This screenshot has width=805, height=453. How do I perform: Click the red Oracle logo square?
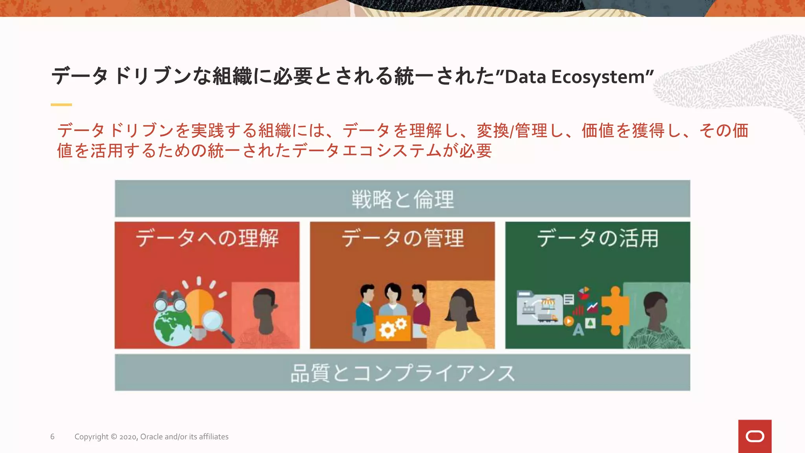pyautogui.click(x=755, y=436)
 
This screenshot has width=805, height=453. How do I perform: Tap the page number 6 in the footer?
pyautogui.click(x=52, y=436)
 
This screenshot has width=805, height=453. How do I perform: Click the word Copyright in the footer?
pyautogui.click(x=91, y=436)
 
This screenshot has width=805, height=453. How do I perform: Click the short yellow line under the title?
pyautogui.click(x=61, y=105)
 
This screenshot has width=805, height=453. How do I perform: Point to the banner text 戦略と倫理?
pyautogui.click(x=402, y=199)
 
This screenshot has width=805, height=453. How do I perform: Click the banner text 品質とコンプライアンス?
pyautogui.click(x=402, y=373)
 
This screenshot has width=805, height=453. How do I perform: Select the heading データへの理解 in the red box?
pyautogui.click(x=207, y=238)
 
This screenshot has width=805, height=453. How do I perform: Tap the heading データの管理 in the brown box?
pyautogui.click(x=402, y=238)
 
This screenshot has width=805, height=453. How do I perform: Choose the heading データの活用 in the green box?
pyautogui.click(x=597, y=238)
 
